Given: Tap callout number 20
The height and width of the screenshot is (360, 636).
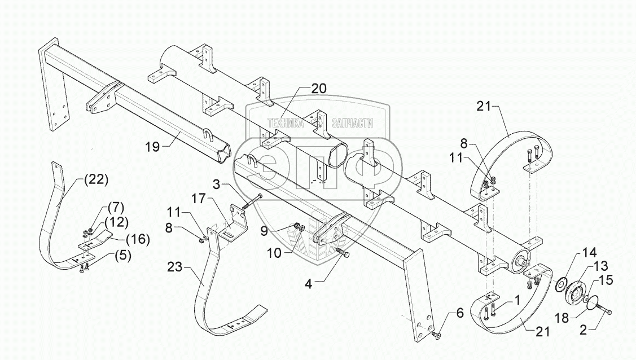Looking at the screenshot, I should coord(319,89).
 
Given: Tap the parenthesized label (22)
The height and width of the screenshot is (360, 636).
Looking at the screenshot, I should coord(95,180).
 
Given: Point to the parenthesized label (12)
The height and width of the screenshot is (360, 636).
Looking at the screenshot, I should coord(116,221).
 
